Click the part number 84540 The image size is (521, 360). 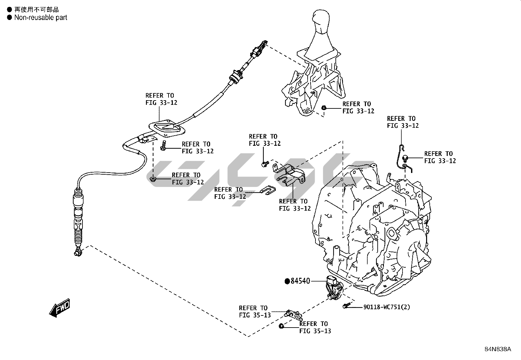(x=300, y=281)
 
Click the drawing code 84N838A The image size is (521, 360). (x=497, y=349)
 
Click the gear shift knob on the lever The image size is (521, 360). (x=322, y=21)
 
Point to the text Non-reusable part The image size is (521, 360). (x=41, y=18)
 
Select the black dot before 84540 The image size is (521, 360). (x=287, y=281)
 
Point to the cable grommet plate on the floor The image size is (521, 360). (x=167, y=128)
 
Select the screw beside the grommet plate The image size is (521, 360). (x=164, y=146)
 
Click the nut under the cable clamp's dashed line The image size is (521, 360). (x=153, y=179)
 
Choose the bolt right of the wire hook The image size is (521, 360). (x=405, y=158)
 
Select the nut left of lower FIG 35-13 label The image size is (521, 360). (x=281, y=326)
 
